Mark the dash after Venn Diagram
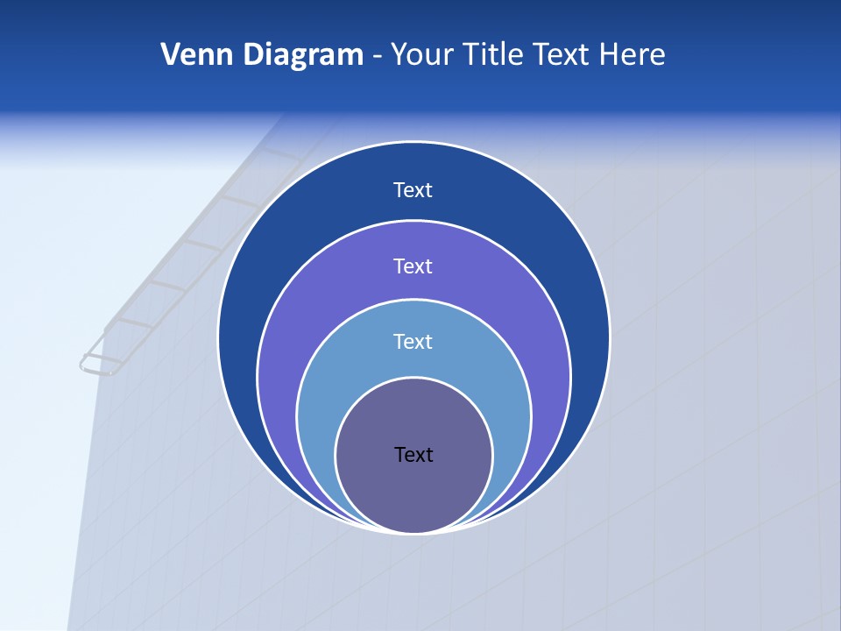click(377, 56)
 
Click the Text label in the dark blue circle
click(413, 190)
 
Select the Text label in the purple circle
click(413, 266)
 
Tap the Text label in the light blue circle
click(413, 341)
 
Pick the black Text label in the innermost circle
click(413, 454)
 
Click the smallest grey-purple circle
click(413, 491)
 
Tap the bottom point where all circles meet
click(413, 532)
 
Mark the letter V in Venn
click(171, 54)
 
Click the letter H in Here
click(607, 54)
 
